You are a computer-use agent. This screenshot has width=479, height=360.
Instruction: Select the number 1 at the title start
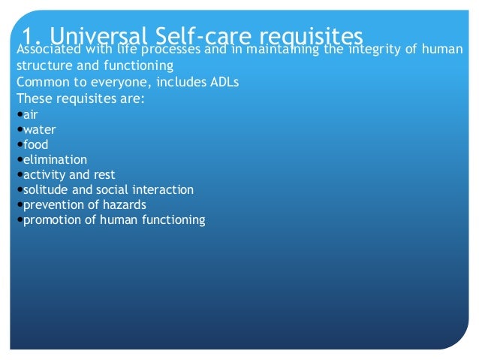click(27, 36)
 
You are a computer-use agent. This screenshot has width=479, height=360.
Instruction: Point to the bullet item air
click(30, 115)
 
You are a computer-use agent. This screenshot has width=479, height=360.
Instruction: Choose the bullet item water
click(39, 129)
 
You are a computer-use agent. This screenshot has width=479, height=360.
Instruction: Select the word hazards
click(125, 204)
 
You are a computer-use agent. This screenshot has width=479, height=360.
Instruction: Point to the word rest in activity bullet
click(104, 174)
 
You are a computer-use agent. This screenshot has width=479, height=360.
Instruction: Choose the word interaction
click(162, 189)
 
